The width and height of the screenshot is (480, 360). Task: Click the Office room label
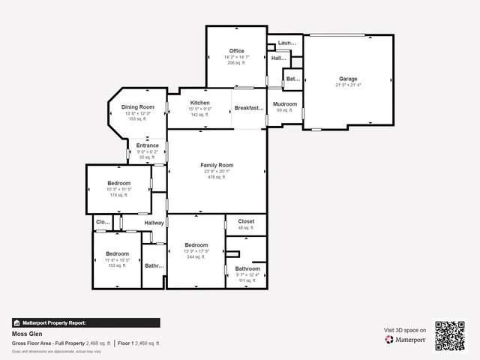click(x=237, y=51)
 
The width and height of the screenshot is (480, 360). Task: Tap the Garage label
click(x=348, y=79)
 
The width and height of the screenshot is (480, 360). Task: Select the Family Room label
click(x=217, y=165)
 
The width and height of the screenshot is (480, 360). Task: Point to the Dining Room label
click(x=138, y=107)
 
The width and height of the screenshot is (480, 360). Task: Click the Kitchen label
click(x=199, y=103)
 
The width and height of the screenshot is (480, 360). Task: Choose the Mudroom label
click(x=285, y=104)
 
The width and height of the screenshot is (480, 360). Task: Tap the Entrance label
click(x=147, y=145)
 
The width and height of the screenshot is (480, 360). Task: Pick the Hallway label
click(x=154, y=223)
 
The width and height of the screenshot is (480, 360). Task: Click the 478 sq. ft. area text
click(x=217, y=178)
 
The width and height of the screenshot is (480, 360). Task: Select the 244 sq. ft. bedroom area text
click(x=196, y=257)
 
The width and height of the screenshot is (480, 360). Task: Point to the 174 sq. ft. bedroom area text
click(x=118, y=195)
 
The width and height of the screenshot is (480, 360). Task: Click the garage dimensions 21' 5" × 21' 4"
click(x=348, y=85)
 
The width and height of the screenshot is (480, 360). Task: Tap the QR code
click(x=451, y=336)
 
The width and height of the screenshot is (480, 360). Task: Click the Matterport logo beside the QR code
click(x=406, y=340)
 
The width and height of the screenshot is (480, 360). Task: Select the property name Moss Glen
click(x=26, y=334)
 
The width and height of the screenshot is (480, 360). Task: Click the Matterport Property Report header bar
click(x=85, y=323)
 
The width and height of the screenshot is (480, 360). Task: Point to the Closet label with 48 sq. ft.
click(x=246, y=222)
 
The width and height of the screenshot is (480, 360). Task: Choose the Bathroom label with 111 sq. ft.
click(x=247, y=268)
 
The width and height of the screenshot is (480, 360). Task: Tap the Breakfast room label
click(x=249, y=108)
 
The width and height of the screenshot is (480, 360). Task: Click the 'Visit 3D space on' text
click(x=405, y=330)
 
